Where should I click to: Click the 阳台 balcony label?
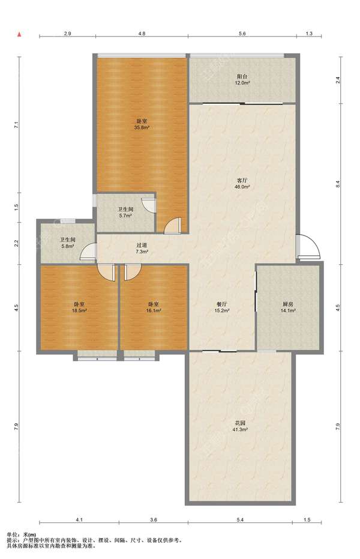(x=242, y=76)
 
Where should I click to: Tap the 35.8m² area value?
(x=142, y=127)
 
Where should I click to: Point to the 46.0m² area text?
(x=242, y=187)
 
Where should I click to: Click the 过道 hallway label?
(x=142, y=245)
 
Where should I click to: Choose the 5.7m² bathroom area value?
(x=125, y=216)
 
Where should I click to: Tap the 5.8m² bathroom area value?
(x=67, y=246)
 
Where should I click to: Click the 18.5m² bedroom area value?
(x=79, y=310)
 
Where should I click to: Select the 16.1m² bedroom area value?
(x=154, y=310)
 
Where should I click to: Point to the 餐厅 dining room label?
(x=222, y=304)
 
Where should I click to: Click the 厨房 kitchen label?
(x=288, y=304)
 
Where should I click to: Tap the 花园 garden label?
(x=240, y=423)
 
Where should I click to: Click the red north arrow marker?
(x=20, y=35)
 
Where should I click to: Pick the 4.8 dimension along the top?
(x=142, y=34)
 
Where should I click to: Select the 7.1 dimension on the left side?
(x=16, y=125)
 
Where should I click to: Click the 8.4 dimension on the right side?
(x=338, y=184)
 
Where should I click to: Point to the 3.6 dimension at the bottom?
(x=154, y=520)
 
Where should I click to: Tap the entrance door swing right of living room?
(x=309, y=246)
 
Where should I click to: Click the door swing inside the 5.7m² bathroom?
(x=148, y=205)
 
